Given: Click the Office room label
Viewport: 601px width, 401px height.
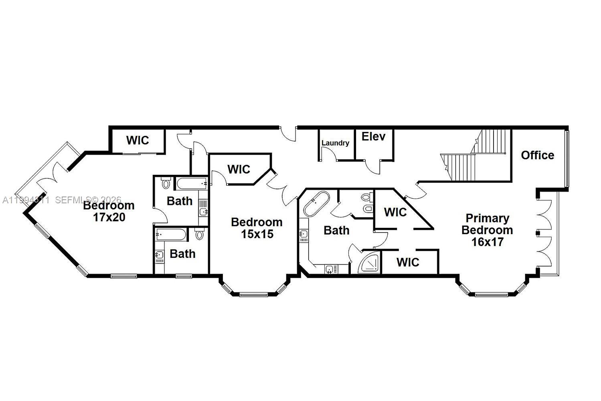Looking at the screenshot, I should [537, 155].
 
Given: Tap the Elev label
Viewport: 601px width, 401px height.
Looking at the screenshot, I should [373, 137].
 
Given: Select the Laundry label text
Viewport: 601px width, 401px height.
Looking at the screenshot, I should [335, 143].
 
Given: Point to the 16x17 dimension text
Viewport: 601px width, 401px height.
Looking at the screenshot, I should [487, 242].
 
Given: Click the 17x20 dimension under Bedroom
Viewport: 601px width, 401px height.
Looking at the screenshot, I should [109, 217].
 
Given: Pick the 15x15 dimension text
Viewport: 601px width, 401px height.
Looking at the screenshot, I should [257, 234].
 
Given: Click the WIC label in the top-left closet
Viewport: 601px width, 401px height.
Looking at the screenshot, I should [138, 140].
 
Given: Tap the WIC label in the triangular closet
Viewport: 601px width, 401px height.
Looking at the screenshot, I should [395, 212].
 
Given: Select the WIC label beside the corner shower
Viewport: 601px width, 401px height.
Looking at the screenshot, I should [408, 262].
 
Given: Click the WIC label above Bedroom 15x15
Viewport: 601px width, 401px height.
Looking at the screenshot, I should [239, 169].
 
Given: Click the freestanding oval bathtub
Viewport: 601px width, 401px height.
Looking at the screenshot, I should [316, 203].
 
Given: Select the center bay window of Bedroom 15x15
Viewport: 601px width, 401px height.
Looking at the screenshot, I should [253, 295].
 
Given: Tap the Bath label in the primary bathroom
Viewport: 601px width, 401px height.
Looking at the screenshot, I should [336, 231].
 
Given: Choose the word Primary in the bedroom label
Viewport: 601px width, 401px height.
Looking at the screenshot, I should [487, 219].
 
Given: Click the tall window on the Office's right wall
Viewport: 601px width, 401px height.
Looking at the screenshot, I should [566, 158].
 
